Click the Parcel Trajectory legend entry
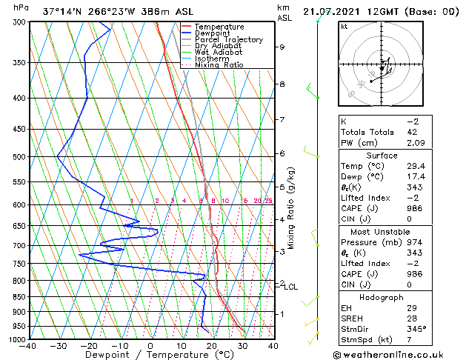(228, 39)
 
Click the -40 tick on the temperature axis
(28, 345)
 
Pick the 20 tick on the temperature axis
(211, 345)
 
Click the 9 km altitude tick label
(282, 47)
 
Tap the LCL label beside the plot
(291, 287)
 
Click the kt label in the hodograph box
(344, 27)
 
